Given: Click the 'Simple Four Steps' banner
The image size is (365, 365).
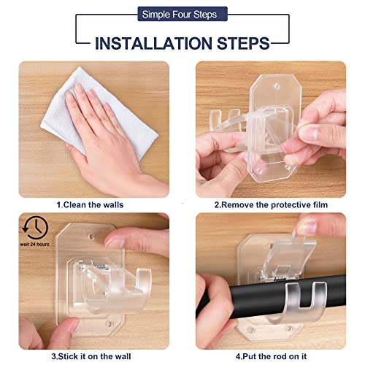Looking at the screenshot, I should [182, 13].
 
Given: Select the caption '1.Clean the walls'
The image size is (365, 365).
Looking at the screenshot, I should [93, 206].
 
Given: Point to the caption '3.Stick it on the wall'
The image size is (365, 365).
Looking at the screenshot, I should [93, 356].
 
